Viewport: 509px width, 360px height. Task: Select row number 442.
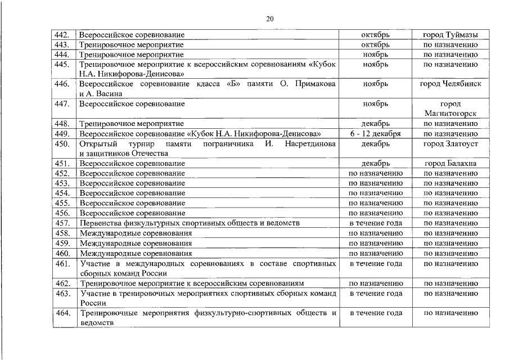[62, 35]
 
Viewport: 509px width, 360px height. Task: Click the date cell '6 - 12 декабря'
[375, 134]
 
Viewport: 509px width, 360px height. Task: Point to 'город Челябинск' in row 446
[451, 84]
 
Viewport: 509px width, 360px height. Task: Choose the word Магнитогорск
[451, 114]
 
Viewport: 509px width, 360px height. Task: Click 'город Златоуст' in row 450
[451, 144]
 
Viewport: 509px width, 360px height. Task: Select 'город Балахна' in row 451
[451, 164]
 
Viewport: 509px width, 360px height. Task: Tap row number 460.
[62, 253]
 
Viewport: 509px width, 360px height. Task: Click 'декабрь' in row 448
[375, 124]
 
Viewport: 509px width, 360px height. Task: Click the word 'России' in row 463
[93, 303]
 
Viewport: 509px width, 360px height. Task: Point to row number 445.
[62, 65]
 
